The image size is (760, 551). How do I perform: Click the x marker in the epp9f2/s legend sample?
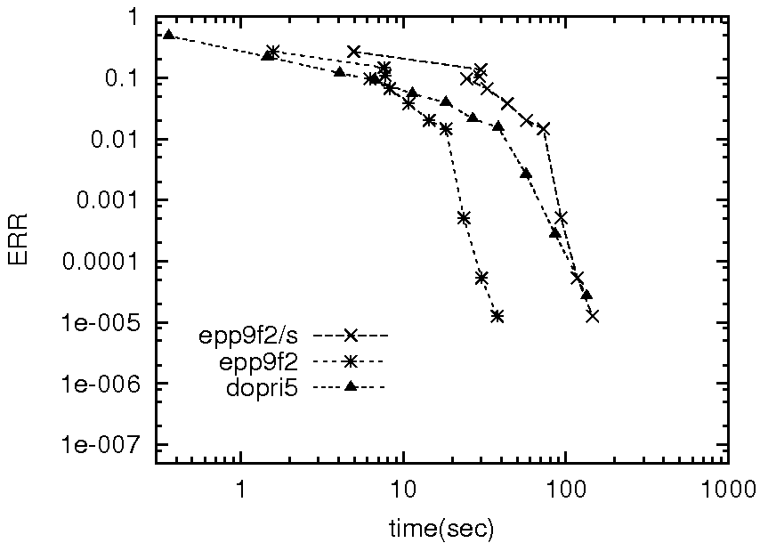pos(350,336)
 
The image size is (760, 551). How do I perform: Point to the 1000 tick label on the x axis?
pos(728,489)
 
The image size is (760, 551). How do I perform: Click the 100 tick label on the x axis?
pos(565,489)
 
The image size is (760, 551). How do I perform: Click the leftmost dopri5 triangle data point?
pos(168,35)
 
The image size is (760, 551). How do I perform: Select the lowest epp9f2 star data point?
pos(497,316)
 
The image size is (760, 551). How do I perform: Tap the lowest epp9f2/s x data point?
pos(592,316)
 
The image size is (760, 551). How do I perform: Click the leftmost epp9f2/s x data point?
pos(354,52)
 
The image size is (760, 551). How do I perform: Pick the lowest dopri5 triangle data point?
pos(586,295)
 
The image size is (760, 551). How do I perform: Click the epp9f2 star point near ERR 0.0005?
pos(464,218)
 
